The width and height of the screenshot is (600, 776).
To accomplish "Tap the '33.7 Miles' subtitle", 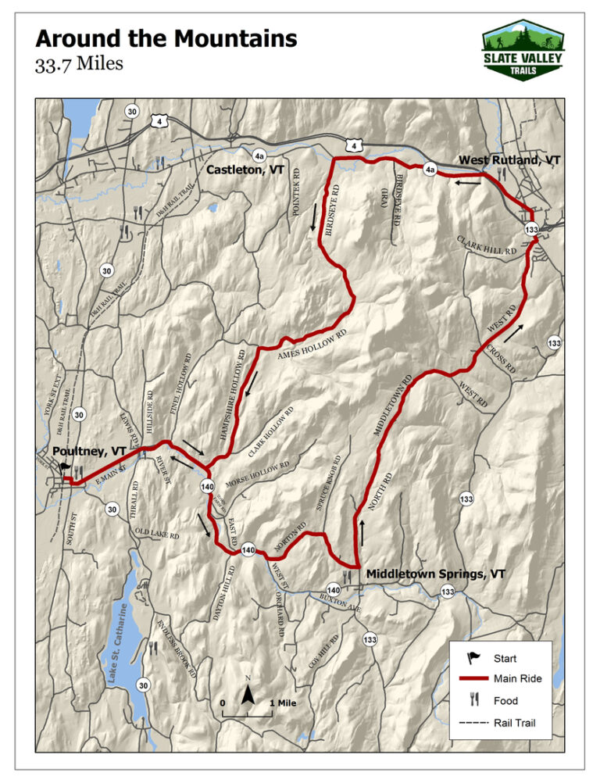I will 79,64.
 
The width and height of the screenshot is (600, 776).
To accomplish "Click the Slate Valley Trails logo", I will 522,48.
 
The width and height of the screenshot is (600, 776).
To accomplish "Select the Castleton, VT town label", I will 245,170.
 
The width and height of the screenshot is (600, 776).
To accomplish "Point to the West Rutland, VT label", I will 509,159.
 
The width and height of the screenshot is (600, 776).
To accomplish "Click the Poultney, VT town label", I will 89,451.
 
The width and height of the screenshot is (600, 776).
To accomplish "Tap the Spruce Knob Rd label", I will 329,483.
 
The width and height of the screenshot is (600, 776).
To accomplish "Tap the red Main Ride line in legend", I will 473,678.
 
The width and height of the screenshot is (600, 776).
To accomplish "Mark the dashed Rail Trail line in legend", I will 473,723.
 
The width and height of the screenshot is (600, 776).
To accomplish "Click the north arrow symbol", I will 248,692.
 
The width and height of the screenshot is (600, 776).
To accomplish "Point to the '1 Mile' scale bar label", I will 282,703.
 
